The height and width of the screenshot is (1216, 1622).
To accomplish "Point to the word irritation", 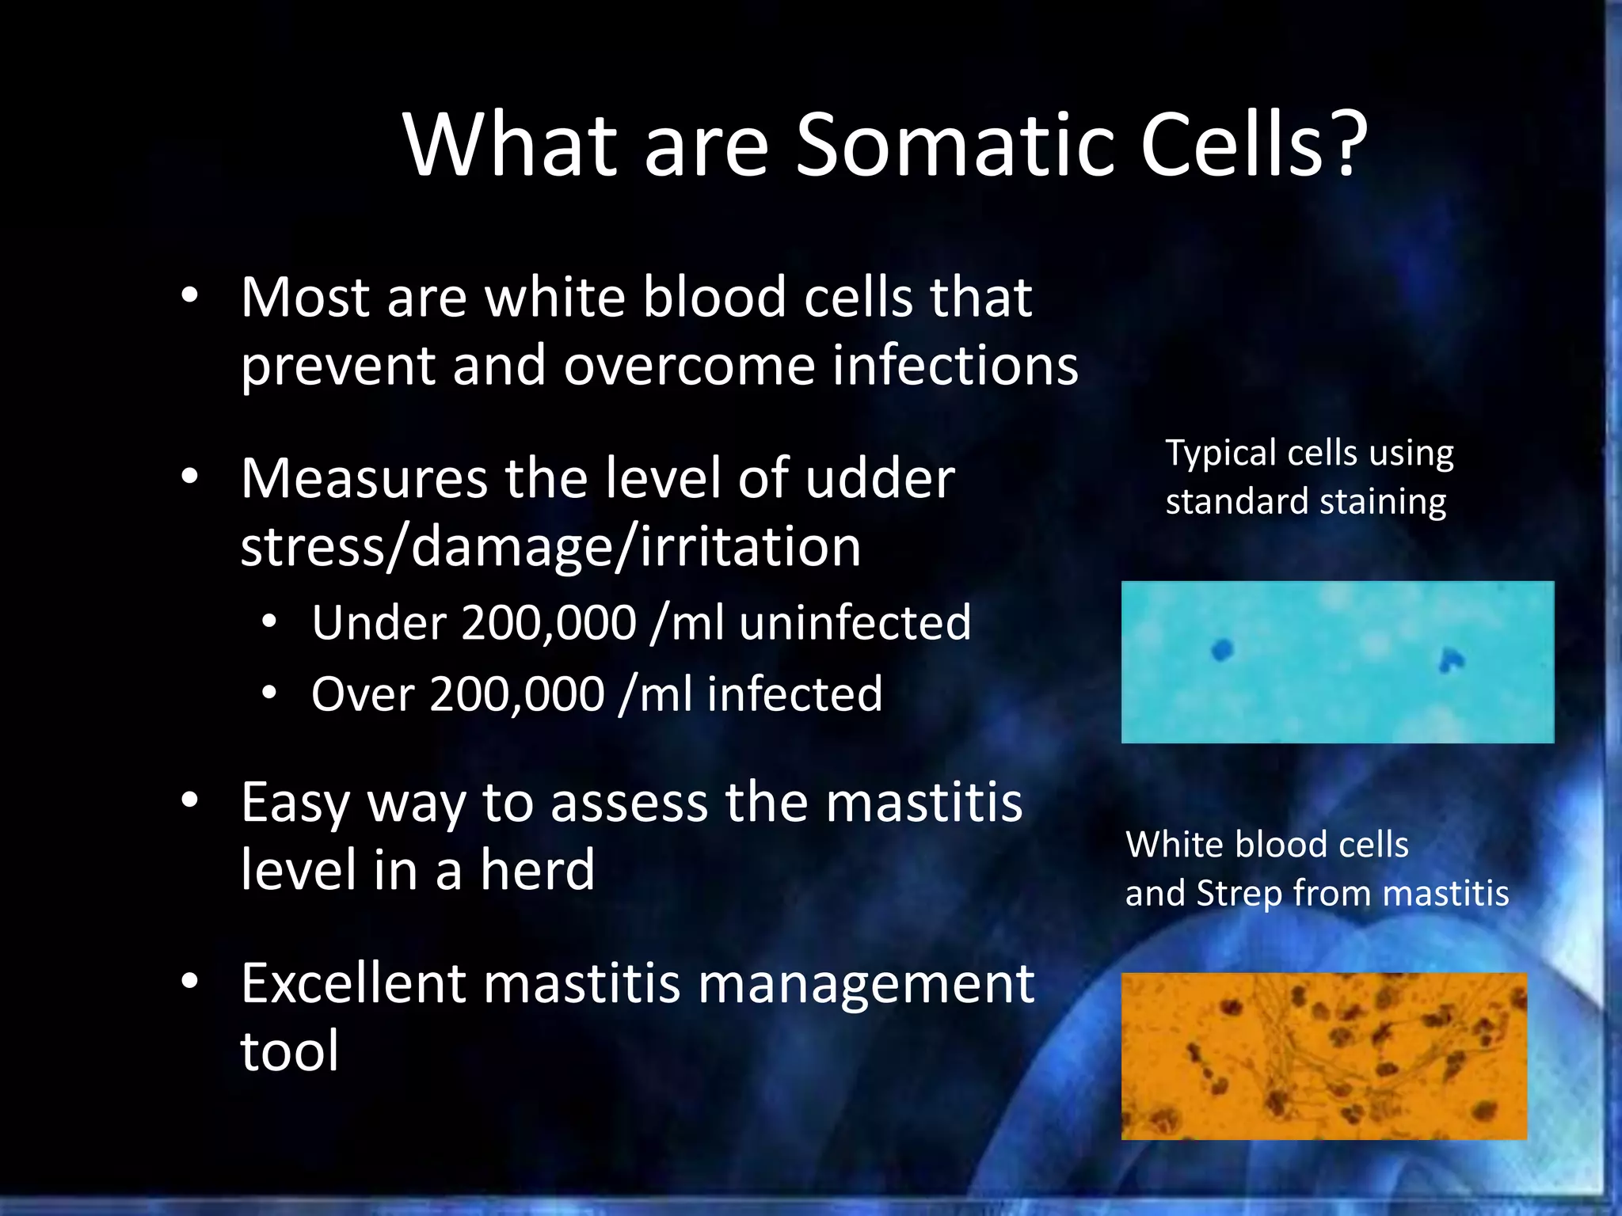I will [x=750, y=547].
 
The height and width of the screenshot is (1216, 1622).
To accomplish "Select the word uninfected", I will [x=855, y=623].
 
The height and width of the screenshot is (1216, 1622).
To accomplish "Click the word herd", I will [x=537, y=870].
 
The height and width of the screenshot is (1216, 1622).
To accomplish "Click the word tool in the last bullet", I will [x=289, y=1052].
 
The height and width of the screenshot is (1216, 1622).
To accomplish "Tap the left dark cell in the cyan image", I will [x=1223, y=651].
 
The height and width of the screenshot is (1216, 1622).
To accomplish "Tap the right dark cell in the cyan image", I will [x=1451, y=659].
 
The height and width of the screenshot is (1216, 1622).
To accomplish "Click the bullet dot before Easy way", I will [x=189, y=801].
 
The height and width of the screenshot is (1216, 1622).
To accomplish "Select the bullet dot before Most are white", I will [x=189, y=296].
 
